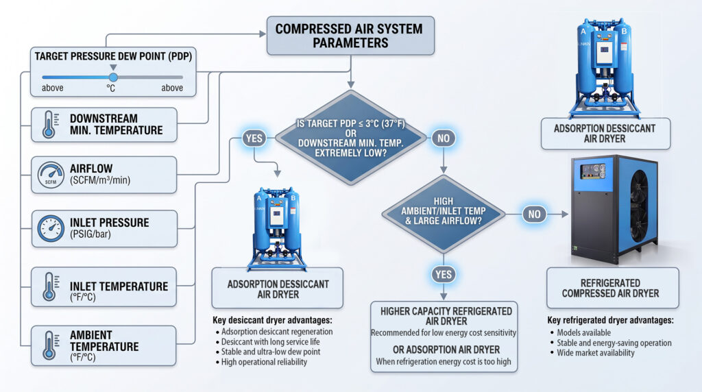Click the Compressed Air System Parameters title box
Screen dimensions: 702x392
coord(350,36)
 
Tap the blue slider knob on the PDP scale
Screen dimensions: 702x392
coord(113,77)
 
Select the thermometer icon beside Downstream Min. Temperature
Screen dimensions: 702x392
coord(49,125)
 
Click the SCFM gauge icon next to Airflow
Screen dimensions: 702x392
coord(51,175)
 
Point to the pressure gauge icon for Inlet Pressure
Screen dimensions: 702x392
coord(51,228)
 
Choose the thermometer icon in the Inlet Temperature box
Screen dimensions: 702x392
coord(49,287)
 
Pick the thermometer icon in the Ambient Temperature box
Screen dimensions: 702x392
coord(49,345)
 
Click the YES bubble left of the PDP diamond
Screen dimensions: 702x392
coord(254,138)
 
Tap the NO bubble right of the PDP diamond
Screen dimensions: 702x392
coord(444,138)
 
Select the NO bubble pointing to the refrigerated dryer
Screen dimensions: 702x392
coord(534,214)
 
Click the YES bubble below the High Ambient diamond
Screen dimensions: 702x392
coord(444,274)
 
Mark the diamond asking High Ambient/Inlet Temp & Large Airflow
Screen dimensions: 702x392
coord(444,214)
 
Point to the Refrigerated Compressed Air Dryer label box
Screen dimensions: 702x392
coord(612,289)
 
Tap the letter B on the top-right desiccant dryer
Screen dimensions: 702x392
coord(624,32)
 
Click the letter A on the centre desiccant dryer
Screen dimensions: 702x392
coord(258,198)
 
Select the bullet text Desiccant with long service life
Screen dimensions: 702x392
coord(270,341)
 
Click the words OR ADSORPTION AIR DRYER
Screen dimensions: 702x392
coord(446,350)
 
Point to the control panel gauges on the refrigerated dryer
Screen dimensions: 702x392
coord(593,171)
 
